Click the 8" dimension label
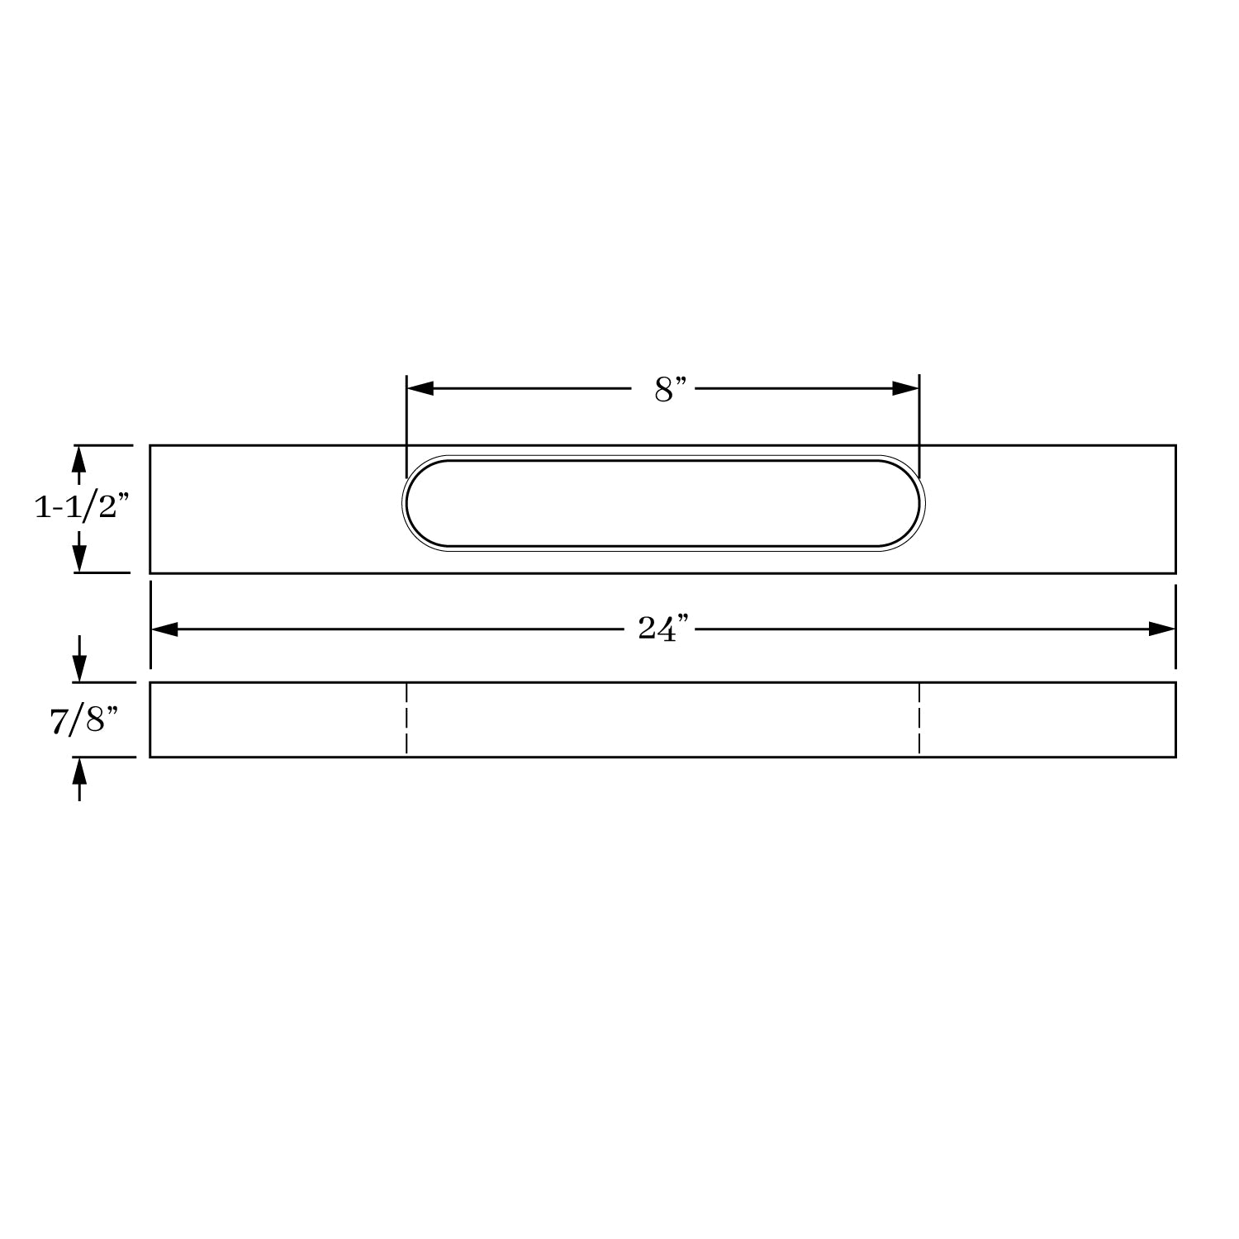(670, 389)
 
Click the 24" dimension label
(662, 629)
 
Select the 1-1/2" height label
(82, 508)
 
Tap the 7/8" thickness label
(78, 720)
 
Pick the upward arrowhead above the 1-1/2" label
(79, 458)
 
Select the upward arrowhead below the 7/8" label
(79, 771)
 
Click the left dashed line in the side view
(406, 719)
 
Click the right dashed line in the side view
(919, 719)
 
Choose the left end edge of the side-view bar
(150, 719)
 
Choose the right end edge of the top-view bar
(1175, 509)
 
